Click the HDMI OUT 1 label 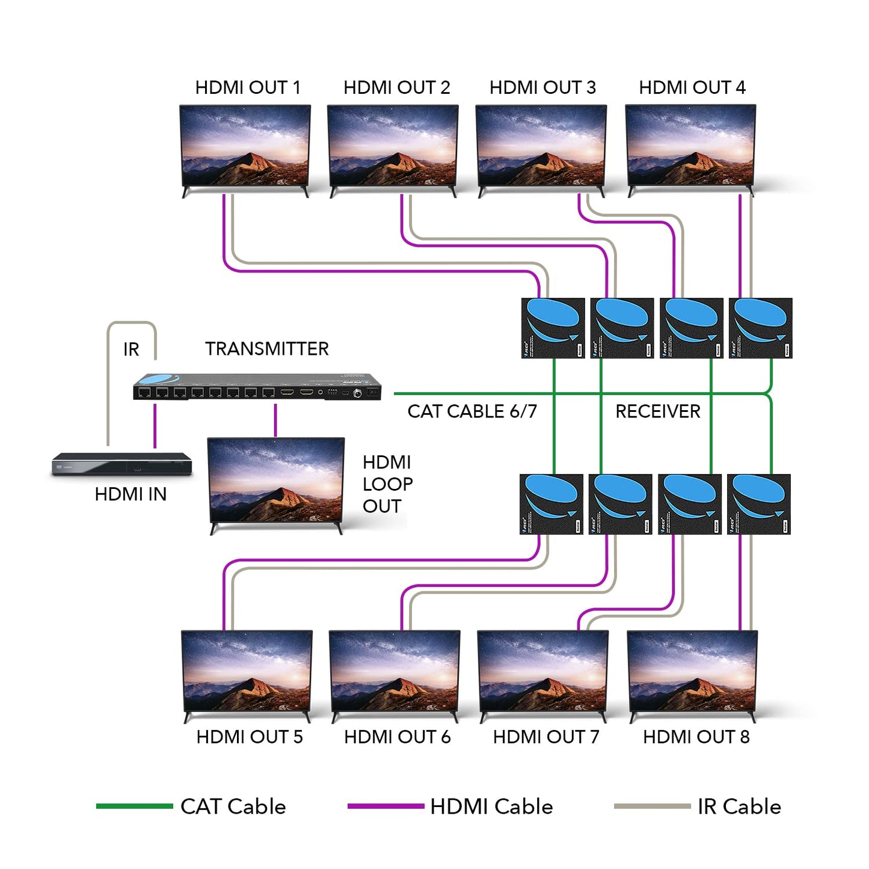[247, 88]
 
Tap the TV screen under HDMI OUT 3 [541, 146]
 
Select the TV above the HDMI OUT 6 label [395, 672]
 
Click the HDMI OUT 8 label [696, 737]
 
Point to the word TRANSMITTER [266, 349]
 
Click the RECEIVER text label [657, 411]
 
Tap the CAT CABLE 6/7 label [471, 411]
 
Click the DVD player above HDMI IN [121, 464]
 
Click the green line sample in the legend [134, 806]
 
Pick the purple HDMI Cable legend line [385, 806]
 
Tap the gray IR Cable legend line [652, 806]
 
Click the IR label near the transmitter [131, 349]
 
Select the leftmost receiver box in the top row [553, 328]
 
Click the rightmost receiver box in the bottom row [758, 504]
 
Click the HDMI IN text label [131, 494]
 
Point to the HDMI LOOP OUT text [387, 484]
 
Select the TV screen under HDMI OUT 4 [690, 146]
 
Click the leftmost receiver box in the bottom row [551, 504]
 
